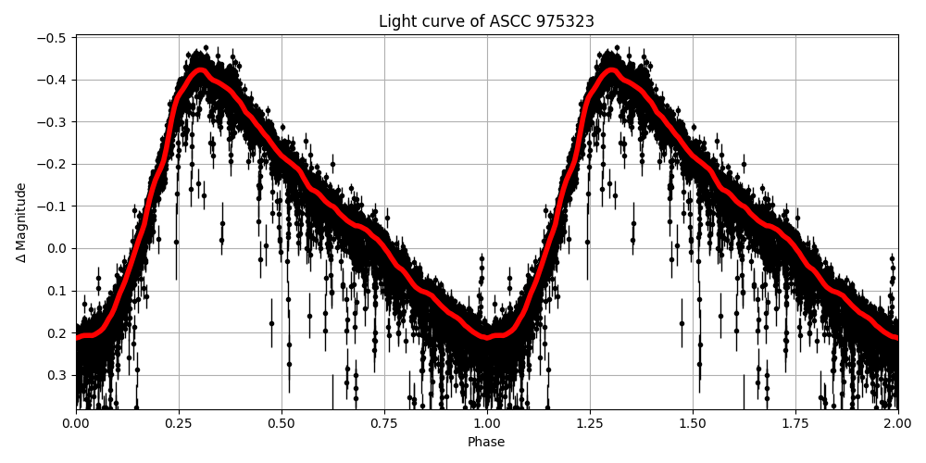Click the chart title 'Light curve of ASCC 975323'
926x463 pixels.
(486, 21)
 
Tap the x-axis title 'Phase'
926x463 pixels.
(486, 443)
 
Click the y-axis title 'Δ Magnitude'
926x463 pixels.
(21, 222)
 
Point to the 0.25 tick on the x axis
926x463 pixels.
(179, 423)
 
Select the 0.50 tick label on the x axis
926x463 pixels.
(282, 423)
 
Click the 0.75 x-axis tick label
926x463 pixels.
(384, 423)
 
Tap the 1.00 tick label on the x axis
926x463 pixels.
(487, 423)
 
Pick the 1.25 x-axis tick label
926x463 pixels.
(590, 423)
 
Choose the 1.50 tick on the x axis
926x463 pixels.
(693, 423)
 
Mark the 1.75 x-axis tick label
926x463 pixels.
(795, 423)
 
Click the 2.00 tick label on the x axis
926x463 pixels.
(897, 423)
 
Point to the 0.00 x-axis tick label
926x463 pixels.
(76, 423)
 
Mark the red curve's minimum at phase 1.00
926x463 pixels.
(487, 336)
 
